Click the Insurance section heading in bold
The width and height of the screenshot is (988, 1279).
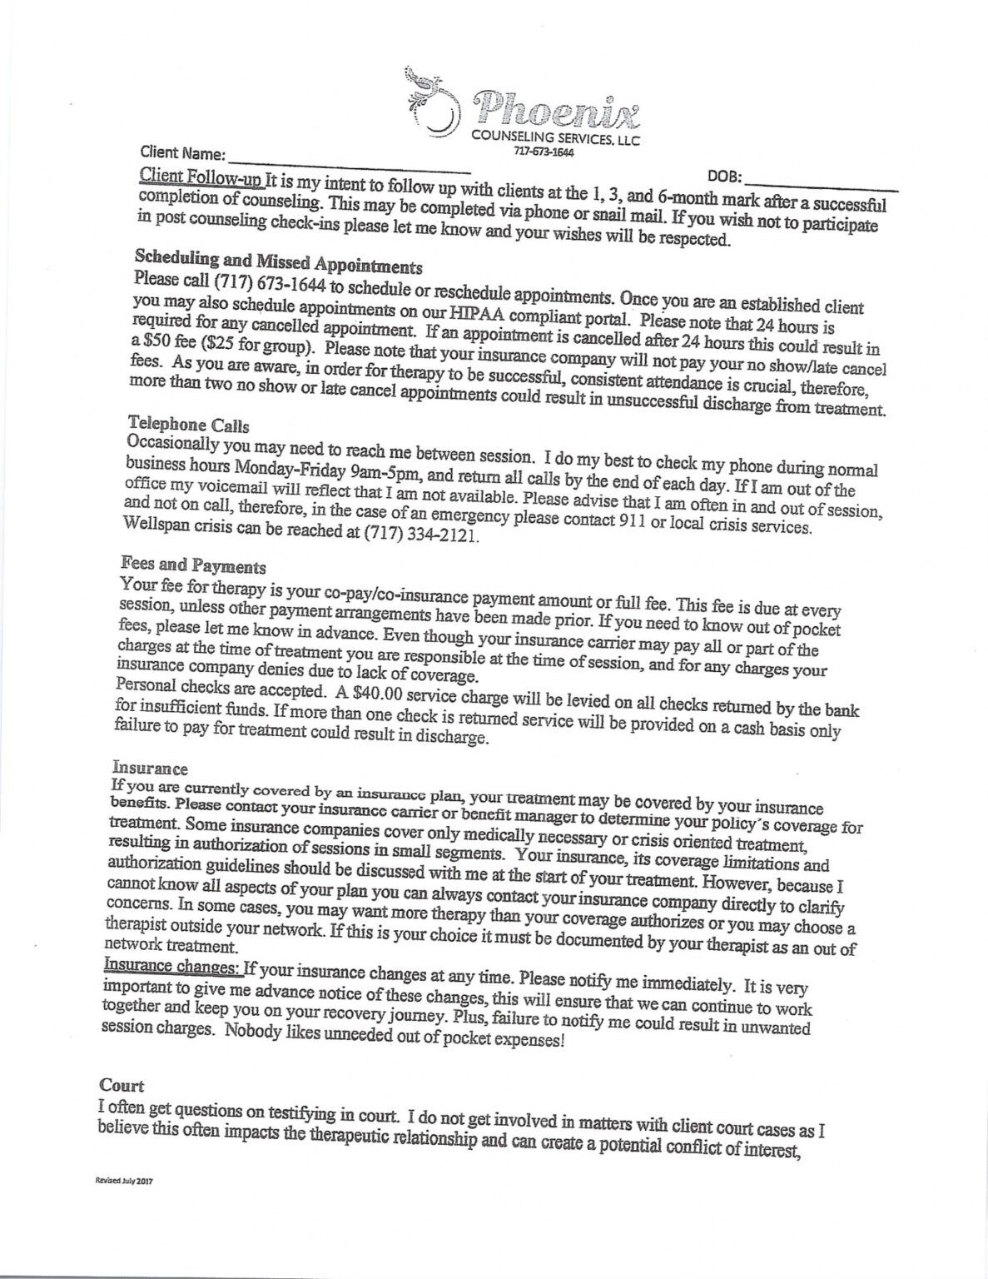coord(150,768)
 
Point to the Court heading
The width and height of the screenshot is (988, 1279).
coord(122,1085)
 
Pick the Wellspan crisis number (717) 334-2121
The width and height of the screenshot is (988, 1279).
coord(421,535)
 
